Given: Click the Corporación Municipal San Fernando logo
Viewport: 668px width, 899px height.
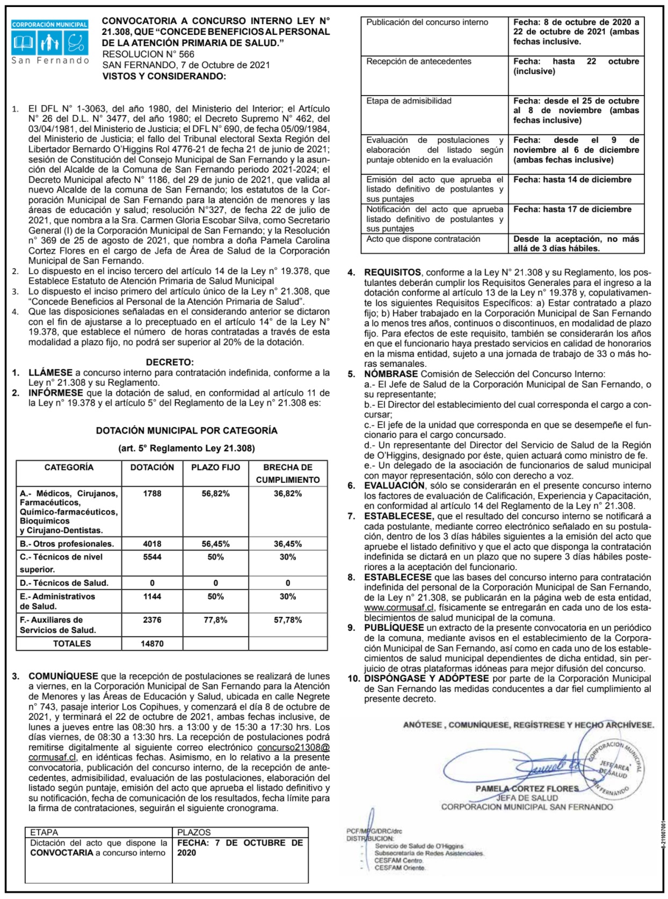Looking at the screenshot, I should [50, 42].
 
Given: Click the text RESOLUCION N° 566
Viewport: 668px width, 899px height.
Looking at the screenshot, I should [148, 54].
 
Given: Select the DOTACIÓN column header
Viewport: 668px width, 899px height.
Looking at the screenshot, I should [152, 467].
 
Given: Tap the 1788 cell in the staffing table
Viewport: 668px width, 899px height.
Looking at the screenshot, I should [152, 493].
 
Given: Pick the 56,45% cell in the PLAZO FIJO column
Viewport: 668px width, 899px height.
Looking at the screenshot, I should [215, 544].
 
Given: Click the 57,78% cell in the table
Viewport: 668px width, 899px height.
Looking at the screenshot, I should [287, 620].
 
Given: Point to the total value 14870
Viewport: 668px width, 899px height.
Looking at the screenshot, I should [152, 644].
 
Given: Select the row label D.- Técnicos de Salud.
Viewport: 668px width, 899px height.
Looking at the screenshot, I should [64, 583].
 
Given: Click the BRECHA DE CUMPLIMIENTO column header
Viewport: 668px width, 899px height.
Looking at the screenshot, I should [287, 473].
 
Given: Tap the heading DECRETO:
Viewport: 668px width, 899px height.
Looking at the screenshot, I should [170, 363].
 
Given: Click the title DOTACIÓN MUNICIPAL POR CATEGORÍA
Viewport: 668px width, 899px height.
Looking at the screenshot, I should [186, 431].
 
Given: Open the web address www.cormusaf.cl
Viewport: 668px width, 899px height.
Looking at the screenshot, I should [399, 608].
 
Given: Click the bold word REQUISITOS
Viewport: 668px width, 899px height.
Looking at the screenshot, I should [393, 272].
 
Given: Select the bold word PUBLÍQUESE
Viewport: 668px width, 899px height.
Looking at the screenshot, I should [394, 628].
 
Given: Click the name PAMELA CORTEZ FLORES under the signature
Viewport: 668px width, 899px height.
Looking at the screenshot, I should [527, 789].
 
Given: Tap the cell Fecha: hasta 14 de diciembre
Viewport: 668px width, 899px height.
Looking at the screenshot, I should [572, 180].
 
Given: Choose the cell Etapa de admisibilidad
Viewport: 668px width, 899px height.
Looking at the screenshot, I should [409, 101].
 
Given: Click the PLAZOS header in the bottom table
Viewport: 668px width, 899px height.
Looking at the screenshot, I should [194, 832].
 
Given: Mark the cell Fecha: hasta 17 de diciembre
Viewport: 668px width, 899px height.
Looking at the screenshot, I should [572, 209].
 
